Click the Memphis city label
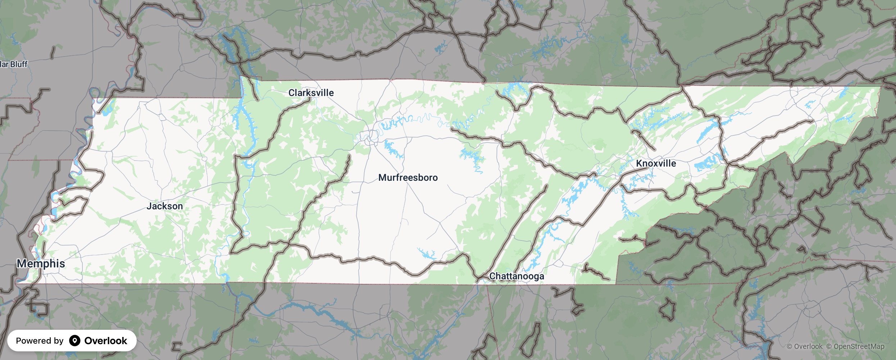(41, 264)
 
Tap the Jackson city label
(164, 206)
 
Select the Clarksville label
(311, 93)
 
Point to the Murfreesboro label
(408, 177)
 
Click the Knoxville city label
(656, 163)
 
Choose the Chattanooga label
(516, 276)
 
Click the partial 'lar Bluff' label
(14, 64)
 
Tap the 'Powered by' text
(40, 341)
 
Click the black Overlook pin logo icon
(74, 341)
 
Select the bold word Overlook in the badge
(105, 341)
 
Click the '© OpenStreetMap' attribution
(855, 346)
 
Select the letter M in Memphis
(22, 264)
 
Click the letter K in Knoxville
(639, 163)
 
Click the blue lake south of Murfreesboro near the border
(426, 254)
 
